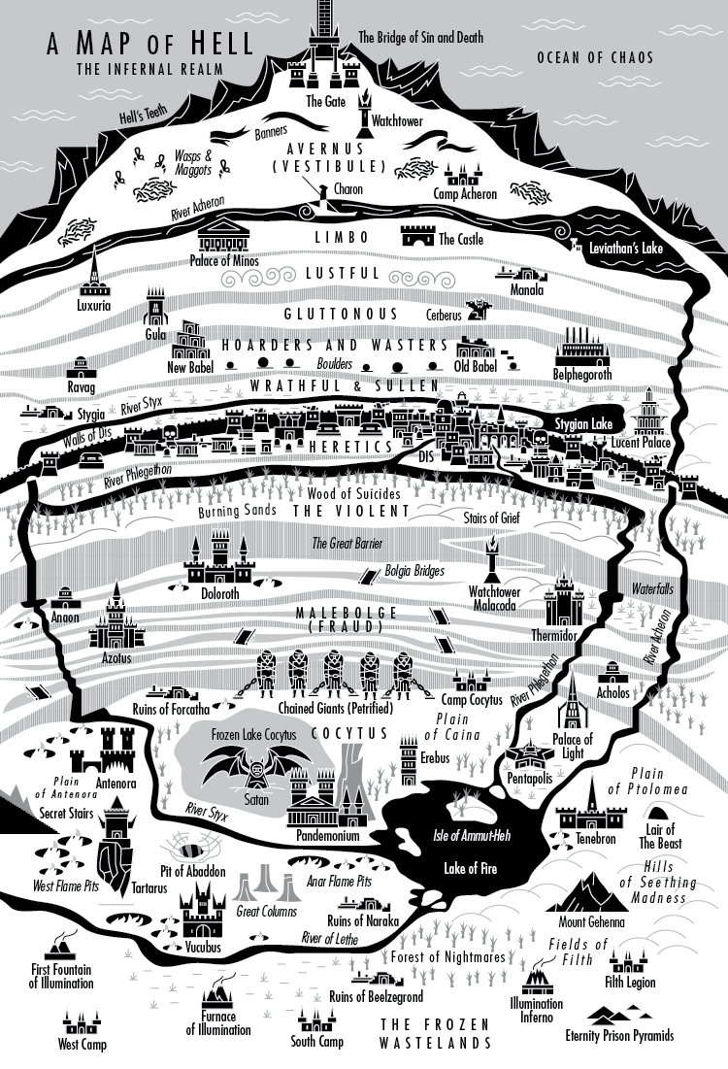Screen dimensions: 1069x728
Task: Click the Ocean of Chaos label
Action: pos(595,58)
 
